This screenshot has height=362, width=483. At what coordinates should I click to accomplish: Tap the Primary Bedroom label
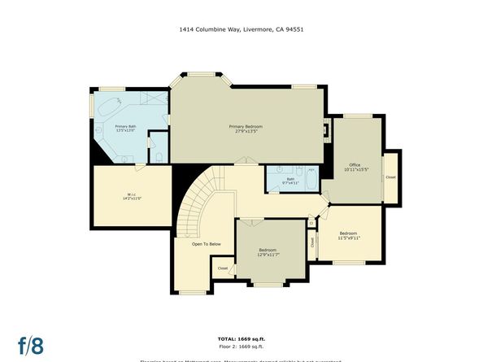pos(245,129)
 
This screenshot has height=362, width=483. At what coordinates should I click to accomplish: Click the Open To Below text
pos(207,244)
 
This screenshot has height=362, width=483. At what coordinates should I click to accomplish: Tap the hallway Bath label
pos(290,181)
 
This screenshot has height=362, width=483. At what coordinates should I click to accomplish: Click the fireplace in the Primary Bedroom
pos(327,129)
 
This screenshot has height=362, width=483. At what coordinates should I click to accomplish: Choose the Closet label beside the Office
pos(391,177)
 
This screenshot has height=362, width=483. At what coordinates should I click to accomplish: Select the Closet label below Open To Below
pos(223,267)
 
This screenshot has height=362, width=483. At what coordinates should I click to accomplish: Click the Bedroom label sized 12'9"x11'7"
pos(268,252)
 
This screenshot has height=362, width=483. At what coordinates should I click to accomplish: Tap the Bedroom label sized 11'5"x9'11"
pos(349,236)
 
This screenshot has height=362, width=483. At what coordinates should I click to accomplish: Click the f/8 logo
pos(32,343)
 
